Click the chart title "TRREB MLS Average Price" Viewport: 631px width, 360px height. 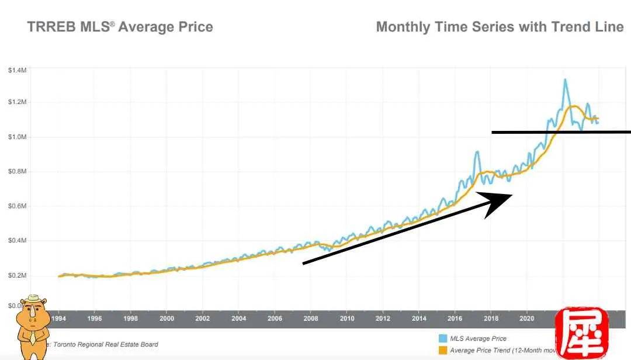point(120,27)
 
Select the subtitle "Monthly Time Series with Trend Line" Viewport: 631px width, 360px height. point(500,27)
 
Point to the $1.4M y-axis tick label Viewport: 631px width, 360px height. point(17,70)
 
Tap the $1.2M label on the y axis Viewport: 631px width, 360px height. point(17,102)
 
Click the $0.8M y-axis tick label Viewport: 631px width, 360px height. point(17,172)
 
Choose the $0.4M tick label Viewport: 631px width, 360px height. point(17,241)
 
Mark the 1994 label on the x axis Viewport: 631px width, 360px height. point(58,319)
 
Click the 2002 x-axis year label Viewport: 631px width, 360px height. point(203,319)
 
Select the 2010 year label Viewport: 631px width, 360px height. point(347,319)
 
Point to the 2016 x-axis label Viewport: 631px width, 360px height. point(455,319)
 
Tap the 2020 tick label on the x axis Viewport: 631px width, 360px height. point(527,319)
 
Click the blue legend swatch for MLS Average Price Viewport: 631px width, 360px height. point(442,338)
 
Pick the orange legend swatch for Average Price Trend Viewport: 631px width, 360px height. point(442,350)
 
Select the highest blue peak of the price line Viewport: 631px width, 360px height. point(565,79)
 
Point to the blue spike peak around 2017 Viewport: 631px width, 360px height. point(477,152)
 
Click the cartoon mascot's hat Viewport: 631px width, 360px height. point(36,299)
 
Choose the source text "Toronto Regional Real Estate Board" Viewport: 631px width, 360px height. point(105,344)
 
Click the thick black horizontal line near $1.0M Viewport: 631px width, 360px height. point(561,133)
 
